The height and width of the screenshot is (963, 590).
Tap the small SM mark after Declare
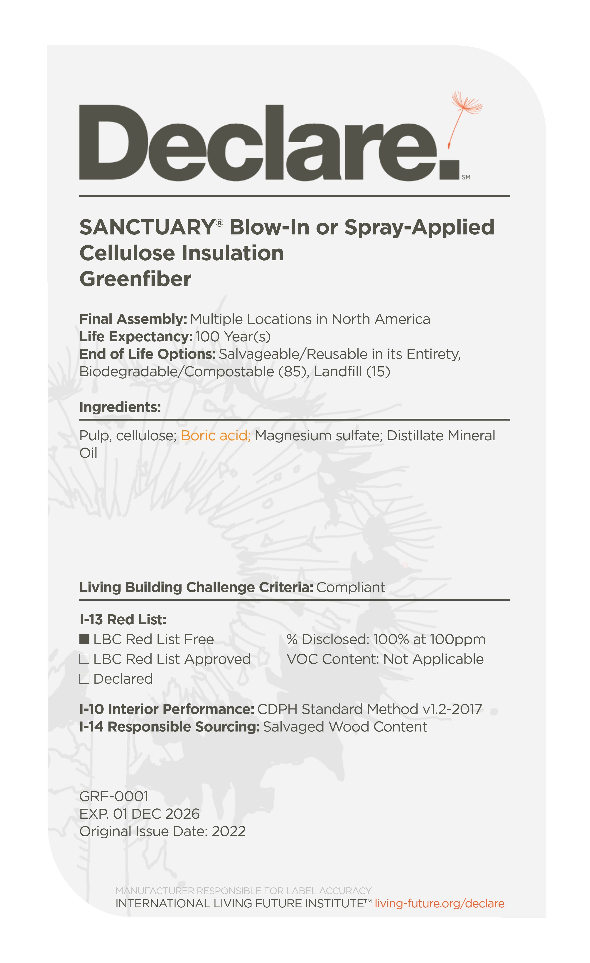coord(466,177)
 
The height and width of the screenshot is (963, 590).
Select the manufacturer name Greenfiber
coord(135,279)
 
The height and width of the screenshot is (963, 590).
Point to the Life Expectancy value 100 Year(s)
coord(233,337)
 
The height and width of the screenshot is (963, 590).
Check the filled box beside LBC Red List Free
coord(84,639)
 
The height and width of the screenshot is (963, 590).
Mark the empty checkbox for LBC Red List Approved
coord(84,659)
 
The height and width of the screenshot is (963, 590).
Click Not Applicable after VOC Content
coord(433,659)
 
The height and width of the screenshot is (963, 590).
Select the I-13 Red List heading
coord(123,619)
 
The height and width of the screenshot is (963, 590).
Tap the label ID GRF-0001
coord(114,796)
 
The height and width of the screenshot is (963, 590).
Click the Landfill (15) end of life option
coord(352,371)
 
